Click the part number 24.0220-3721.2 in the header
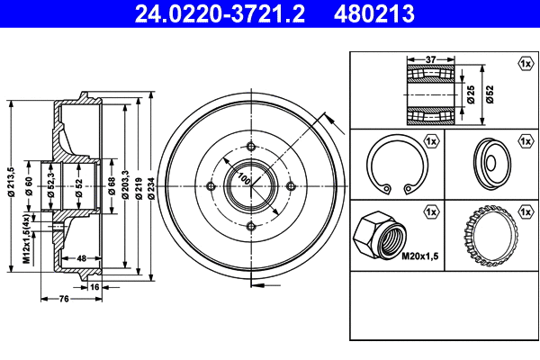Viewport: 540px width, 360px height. tap(220, 13)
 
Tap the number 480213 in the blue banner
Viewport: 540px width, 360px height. tap(374, 13)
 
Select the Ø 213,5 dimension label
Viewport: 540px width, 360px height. tap(12, 182)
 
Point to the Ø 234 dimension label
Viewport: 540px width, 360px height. tap(151, 188)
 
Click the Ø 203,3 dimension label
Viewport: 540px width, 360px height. tap(125, 184)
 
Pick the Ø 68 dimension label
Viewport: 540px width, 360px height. tap(112, 186)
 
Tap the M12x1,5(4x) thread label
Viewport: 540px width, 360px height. tap(26, 238)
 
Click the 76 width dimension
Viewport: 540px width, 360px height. tap(64, 299)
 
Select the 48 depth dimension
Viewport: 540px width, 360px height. tap(81, 258)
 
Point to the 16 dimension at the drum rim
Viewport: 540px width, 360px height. tap(94, 286)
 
